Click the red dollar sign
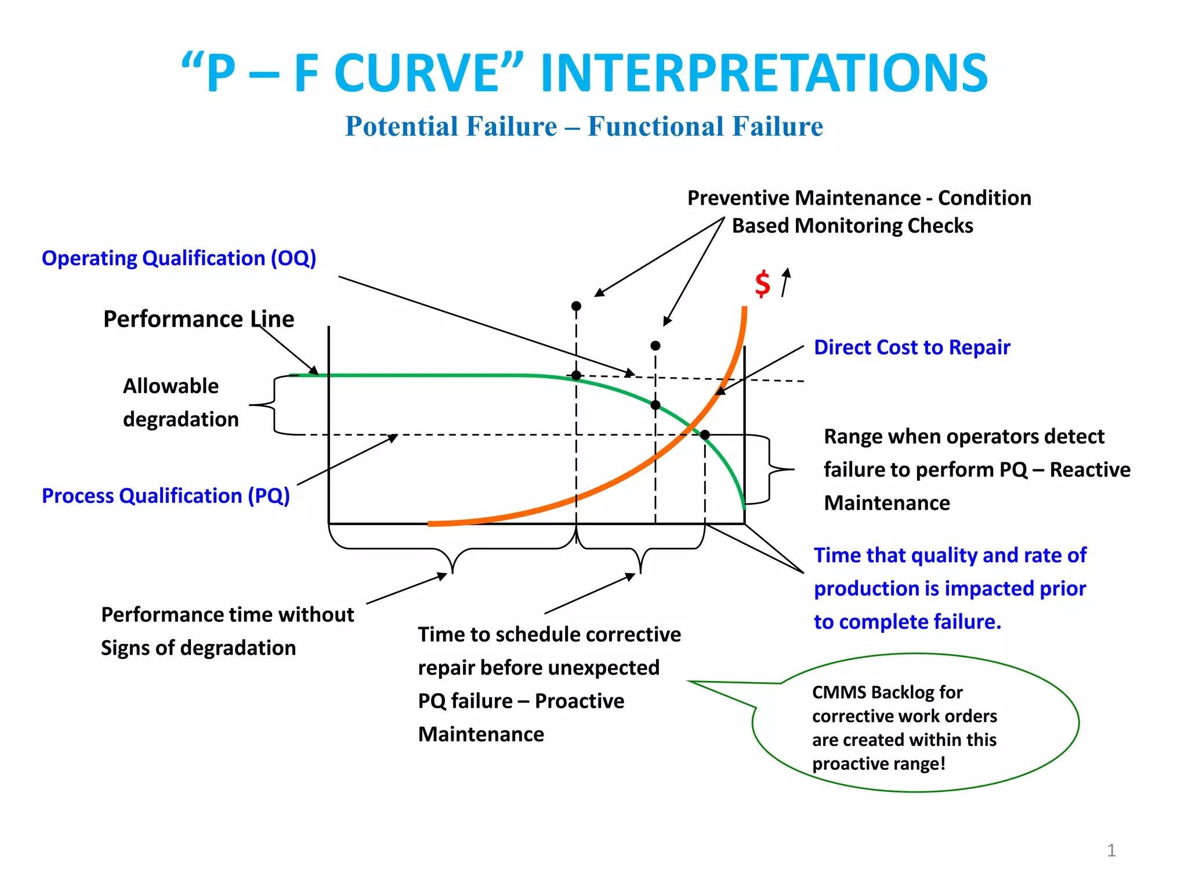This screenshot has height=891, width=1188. [x=762, y=284]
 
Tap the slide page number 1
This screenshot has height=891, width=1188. [x=1111, y=850]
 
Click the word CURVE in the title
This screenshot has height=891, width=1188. [x=417, y=74]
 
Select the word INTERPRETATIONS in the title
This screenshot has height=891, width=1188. [x=763, y=74]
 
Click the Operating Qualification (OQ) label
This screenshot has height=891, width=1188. [x=179, y=258]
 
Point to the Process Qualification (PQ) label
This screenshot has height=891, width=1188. [x=166, y=496]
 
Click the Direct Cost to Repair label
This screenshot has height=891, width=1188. [x=912, y=347]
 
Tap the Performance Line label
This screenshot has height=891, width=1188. [x=198, y=319]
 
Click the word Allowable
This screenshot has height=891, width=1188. [x=171, y=386]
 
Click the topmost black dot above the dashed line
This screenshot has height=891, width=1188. [x=576, y=306]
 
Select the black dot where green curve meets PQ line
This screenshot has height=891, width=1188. [x=705, y=434]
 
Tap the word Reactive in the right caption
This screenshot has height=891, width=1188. [x=1089, y=470]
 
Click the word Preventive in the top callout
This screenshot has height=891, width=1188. [x=734, y=198]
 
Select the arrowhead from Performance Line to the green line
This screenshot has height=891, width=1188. [x=314, y=371]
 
